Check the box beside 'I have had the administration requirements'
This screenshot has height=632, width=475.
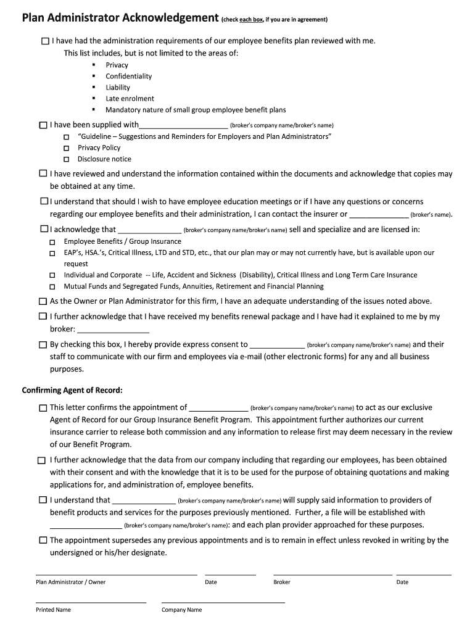(x=45, y=41)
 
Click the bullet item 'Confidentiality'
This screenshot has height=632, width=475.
(x=128, y=77)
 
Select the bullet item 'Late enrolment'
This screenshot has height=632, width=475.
(x=130, y=99)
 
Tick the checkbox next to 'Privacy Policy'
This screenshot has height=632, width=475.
(x=66, y=148)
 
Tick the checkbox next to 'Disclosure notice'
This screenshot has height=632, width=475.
(x=66, y=159)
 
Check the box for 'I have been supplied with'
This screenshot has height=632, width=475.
(x=43, y=125)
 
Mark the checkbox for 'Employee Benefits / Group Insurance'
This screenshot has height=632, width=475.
(x=52, y=242)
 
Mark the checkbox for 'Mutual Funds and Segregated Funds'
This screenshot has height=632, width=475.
(x=52, y=287)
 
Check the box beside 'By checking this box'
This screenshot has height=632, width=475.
(x=43, y=345)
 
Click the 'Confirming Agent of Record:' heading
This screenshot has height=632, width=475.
(x=72, y=390)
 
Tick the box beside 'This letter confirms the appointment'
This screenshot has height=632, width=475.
(x=43, y=408)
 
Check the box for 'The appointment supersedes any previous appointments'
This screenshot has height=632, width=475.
(x=43, y=541)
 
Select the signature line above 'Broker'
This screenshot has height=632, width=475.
(x=332, y=574)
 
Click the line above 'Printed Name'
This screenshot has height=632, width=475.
(x=91, y=602)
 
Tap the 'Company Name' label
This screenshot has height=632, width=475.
(x=181, y=610)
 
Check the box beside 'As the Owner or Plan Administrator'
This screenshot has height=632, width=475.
(x=43, y=302)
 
